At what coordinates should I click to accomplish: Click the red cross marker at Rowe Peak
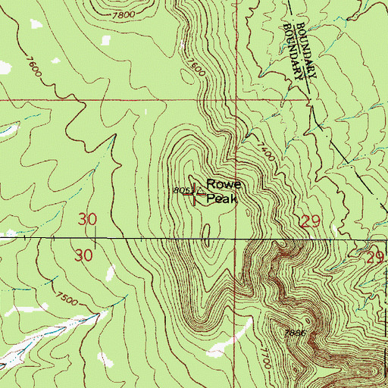(x=198, y=194)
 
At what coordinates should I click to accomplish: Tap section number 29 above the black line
(x=308, y=221)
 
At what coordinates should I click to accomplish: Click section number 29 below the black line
(x=374, y=258)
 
